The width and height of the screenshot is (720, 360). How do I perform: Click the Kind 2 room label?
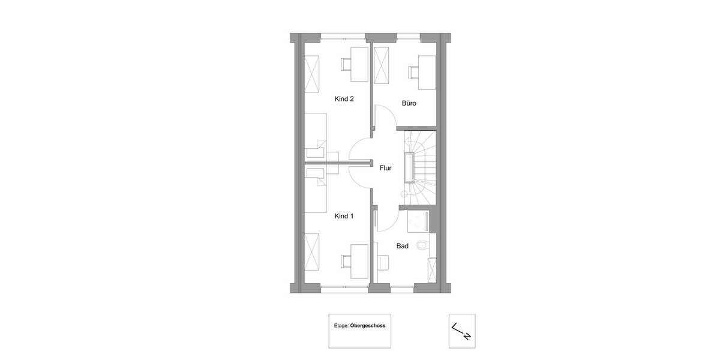pos(344,99)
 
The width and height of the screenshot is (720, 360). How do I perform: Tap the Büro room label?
pos(409,104)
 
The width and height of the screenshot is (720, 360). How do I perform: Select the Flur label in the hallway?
pos(385,168)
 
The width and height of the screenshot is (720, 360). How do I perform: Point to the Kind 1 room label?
pos(344,216)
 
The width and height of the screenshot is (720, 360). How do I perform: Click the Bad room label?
pos(403,246)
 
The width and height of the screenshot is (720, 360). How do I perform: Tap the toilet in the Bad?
pos(424,244)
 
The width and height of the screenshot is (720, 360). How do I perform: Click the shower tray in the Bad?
pos(418,221)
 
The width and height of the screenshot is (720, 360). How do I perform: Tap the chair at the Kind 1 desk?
pos(347,261)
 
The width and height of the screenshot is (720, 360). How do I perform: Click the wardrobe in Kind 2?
pos(312,74)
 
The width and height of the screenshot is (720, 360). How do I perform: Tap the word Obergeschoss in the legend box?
pos(369,326)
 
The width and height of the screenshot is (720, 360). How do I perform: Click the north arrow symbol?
pos(462,331)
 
